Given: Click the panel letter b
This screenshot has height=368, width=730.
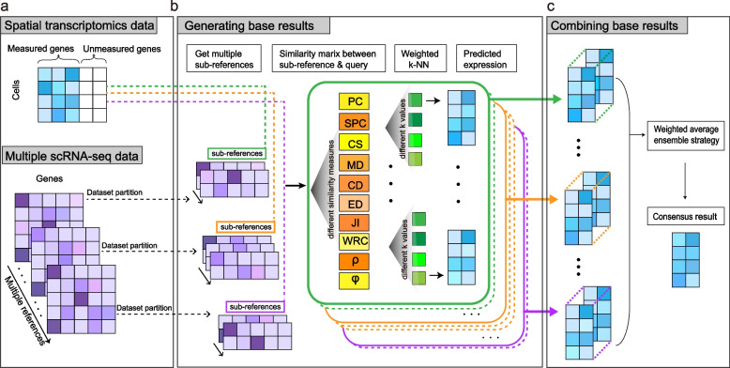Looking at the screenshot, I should click(x=174, y=8).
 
